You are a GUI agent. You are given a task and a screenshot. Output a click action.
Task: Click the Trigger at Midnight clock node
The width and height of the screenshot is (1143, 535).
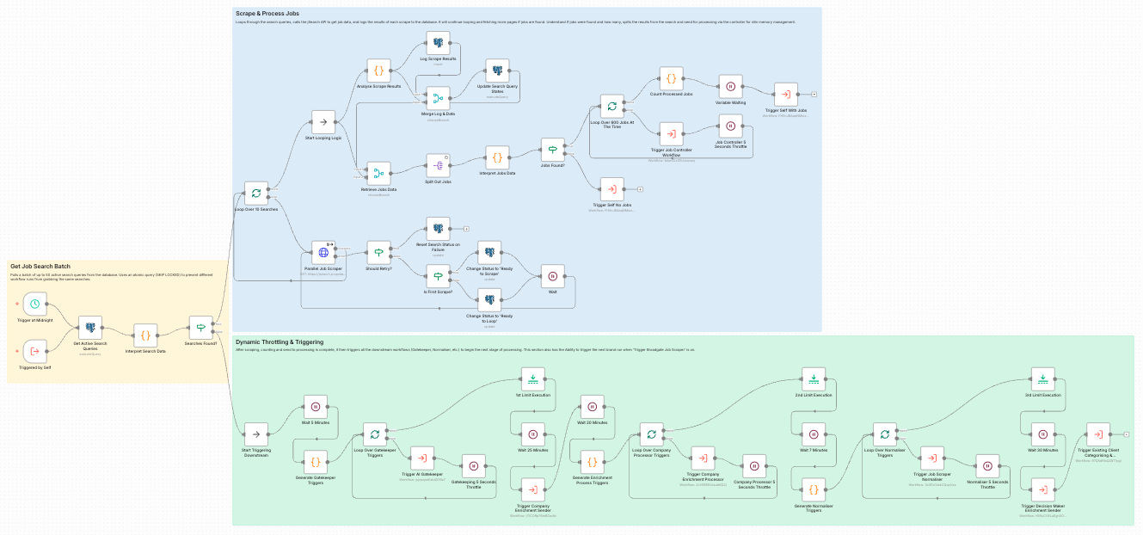pos(34,304)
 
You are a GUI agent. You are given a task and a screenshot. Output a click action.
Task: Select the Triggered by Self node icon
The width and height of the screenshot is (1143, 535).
pos(34,351)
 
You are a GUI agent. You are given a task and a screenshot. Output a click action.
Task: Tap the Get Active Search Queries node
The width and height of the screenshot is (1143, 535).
pos(90,328)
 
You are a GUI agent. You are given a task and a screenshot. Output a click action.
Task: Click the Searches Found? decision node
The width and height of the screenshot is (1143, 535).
pos(200,328)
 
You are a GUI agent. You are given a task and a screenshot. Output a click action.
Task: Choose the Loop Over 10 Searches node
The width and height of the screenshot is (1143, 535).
pos(255,193)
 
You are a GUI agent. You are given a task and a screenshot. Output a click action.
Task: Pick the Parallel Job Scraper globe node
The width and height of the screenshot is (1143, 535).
pos(323,252)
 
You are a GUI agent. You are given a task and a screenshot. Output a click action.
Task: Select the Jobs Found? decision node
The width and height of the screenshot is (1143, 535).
pos(552,150)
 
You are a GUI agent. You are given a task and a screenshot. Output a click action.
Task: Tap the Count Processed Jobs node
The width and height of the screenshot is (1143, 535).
pos(672,79)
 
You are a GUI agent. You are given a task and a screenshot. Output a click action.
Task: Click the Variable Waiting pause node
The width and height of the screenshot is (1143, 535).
pos(730,86)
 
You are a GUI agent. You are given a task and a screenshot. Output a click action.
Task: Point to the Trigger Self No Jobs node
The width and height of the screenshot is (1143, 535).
pos(611,188)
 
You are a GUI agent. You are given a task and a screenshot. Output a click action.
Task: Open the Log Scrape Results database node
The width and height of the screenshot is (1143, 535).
pos(439,42)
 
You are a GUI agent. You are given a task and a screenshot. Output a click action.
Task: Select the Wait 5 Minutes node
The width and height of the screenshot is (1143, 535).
pos(316,407)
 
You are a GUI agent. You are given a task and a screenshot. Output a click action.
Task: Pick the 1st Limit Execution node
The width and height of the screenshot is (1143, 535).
pos(532,378)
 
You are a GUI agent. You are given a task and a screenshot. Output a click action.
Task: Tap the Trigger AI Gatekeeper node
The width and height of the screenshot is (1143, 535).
pos(422,458)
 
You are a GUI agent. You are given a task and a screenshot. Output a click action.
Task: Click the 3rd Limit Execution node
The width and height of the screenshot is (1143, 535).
pos(1042,378)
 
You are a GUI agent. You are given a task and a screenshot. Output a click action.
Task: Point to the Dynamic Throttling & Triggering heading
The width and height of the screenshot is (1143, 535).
pos(280,342)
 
